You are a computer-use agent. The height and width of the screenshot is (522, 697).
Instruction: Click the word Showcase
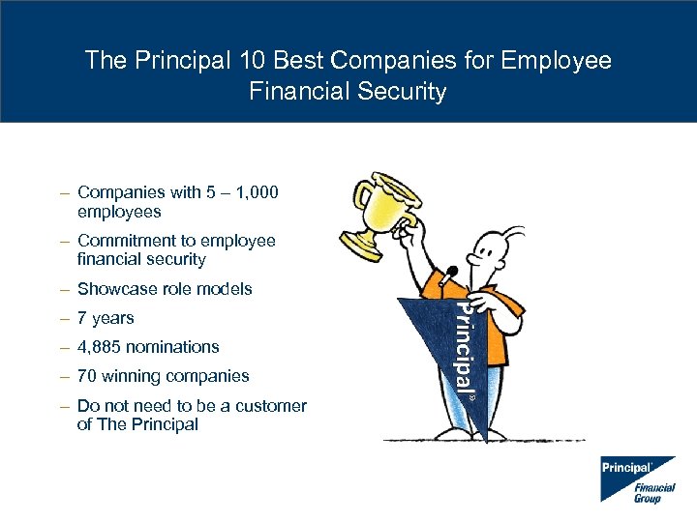[116, 289]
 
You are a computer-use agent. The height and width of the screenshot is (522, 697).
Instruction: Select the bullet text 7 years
[106, 318]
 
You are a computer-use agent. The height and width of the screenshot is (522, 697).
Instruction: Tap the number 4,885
[102, 347]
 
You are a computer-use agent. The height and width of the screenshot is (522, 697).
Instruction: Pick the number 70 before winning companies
[88, 376]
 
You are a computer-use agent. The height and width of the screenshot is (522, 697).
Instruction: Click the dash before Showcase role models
[63, 289]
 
